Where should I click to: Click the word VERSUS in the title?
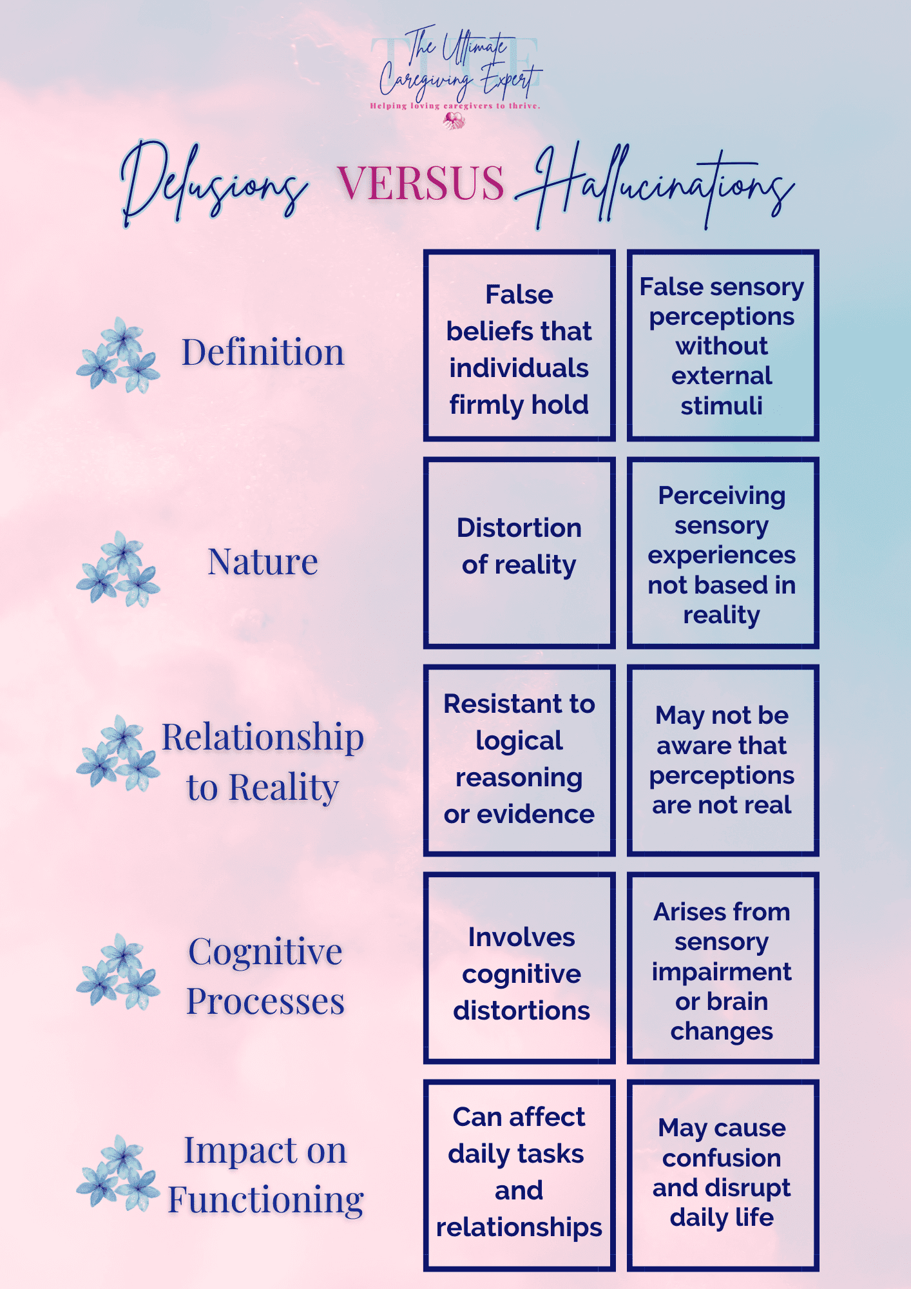click(x=421, y=183)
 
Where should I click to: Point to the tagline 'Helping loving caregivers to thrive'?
click(x=455, y=106)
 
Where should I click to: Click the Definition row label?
click(x=263, y=353)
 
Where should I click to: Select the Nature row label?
click(x=263, y=562)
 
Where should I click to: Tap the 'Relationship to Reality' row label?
click(x=263, y=762)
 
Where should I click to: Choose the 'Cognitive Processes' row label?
click(x=265, y=976)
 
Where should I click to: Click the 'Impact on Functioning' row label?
click(x=265, y=1175)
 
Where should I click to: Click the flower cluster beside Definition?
click(x=119, y=355)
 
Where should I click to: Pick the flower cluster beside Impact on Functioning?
click(x=119, y=1174)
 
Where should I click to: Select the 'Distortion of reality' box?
click(x=519, y=553)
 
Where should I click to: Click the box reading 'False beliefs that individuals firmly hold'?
click(x=519, y=345)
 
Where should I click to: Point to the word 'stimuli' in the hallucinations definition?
click(x=722, y=406)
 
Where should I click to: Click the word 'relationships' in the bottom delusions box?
click(x=519, y=1227)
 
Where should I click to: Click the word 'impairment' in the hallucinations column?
click(x=722, y=972)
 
